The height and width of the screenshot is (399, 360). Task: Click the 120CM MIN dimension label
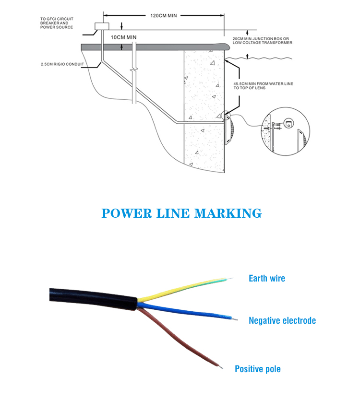(164, 16)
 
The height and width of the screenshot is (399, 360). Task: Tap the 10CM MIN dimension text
(123, 37)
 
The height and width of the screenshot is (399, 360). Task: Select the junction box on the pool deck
(102, 26)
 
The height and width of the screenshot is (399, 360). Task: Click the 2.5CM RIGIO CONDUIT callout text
(62, 64)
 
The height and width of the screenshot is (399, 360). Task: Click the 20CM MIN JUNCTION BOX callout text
(263, 41)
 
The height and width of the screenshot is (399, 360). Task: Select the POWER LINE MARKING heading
(181, 213)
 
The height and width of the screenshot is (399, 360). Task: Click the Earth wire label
(267, 278)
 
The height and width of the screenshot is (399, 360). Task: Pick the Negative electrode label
(282, 320)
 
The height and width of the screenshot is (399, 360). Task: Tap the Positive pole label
(258, 369)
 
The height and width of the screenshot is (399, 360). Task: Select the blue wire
(187, 311)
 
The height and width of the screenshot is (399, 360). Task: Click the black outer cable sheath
(93, 299)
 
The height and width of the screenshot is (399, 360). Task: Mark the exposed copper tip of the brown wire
(221, 367)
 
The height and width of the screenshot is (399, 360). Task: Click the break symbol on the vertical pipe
(134, 69)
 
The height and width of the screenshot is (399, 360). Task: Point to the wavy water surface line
(258, 59)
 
